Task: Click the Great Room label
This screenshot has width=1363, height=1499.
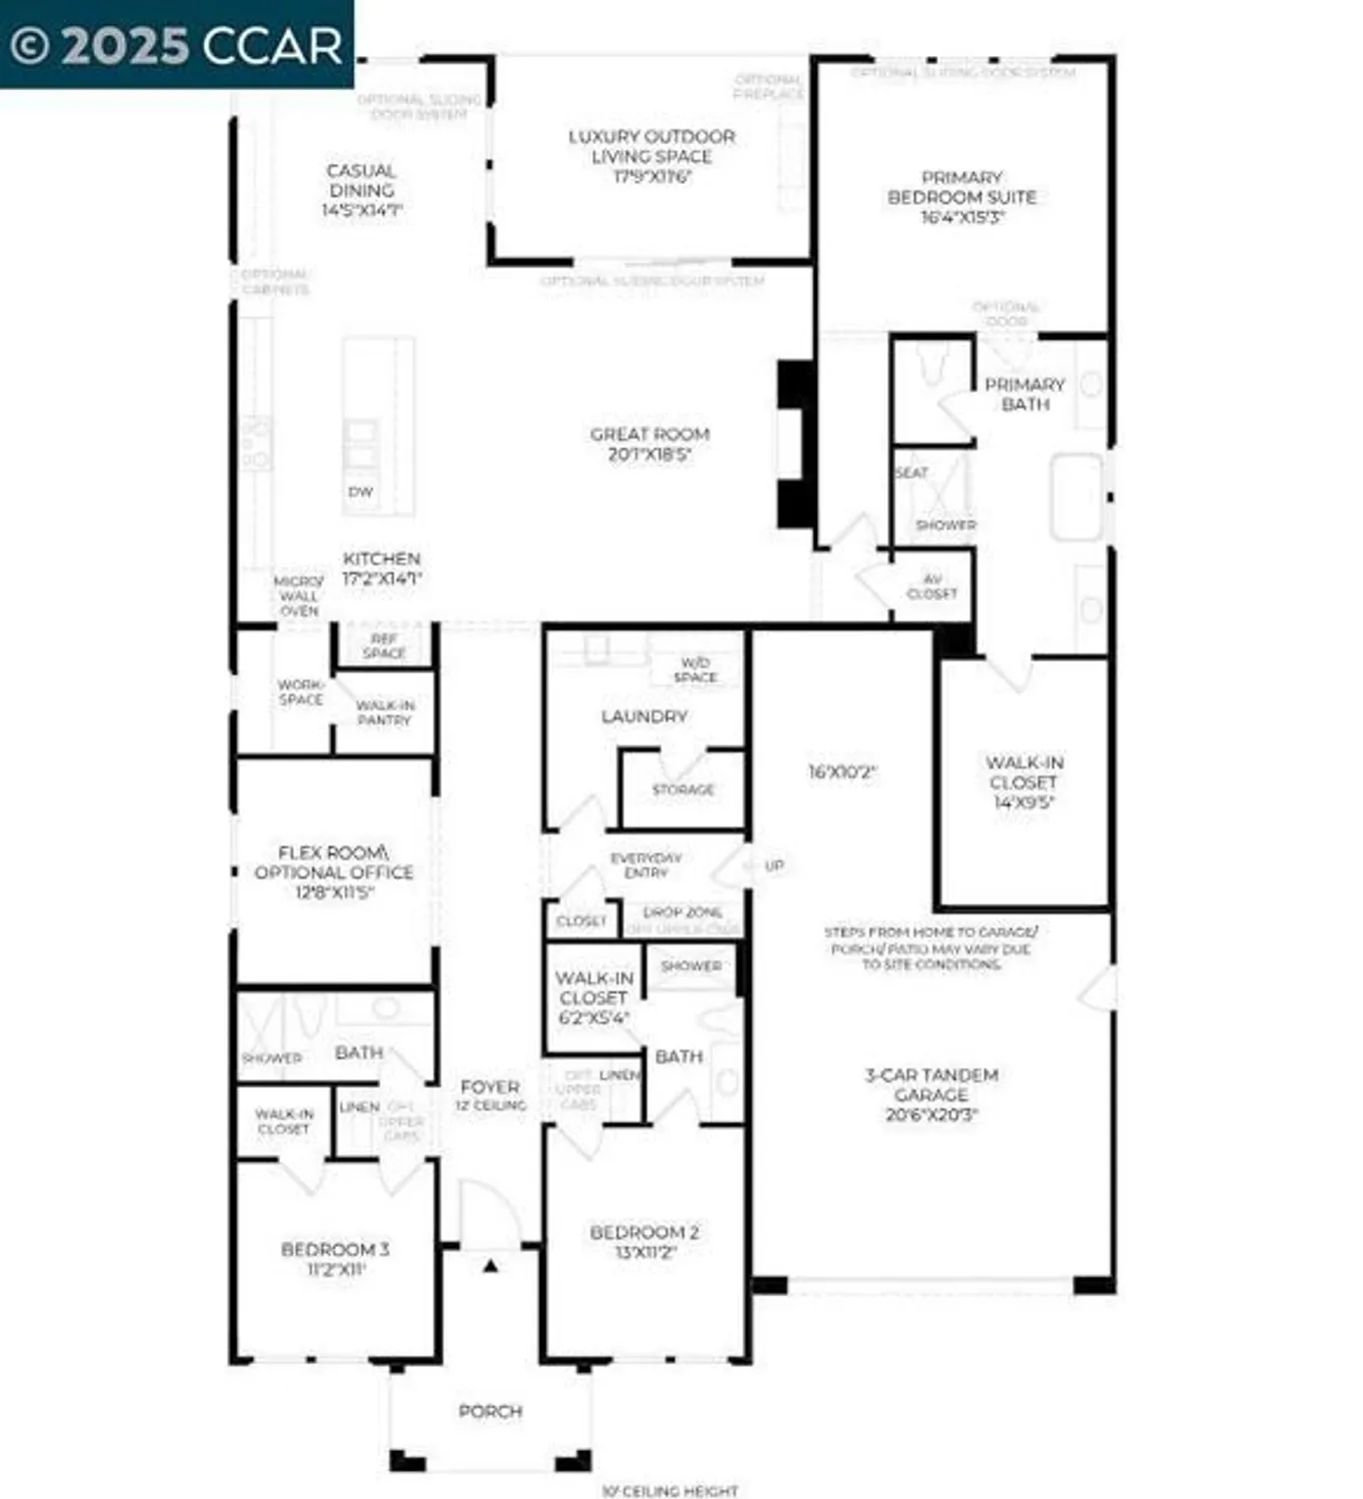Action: pos(650,444)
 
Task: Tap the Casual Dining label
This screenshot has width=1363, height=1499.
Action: pos(361,190)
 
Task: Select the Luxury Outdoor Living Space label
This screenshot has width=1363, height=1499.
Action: pos(652,156)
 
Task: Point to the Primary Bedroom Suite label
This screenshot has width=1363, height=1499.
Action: pos(961,197)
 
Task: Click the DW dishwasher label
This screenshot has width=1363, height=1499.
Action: pos(361,492)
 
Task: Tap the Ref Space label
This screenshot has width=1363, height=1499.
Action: pos(384,646)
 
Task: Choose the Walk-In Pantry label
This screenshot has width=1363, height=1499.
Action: pos(385,713)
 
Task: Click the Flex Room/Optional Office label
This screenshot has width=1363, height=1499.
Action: pos(334,871)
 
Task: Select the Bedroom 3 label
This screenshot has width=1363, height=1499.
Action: pos(335,1259)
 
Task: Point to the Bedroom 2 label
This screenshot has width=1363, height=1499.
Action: pos(644,1242)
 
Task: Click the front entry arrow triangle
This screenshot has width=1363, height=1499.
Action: pos(490,1266)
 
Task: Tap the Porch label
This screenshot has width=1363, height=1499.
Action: pos(490,1411)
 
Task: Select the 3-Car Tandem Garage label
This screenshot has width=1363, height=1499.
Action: pos(931,1094)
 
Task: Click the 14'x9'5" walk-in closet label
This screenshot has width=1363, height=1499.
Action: pos(1024,782)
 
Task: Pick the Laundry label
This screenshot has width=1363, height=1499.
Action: pos(644,717)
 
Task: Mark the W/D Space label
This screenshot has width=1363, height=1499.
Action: pos(695,670)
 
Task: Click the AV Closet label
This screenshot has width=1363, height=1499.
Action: pos(931,587)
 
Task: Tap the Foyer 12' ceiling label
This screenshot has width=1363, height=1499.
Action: pos(490,1095)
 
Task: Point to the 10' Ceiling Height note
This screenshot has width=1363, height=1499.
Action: pos(670,1490)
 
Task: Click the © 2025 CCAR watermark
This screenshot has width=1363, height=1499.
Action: pos(177,45)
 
